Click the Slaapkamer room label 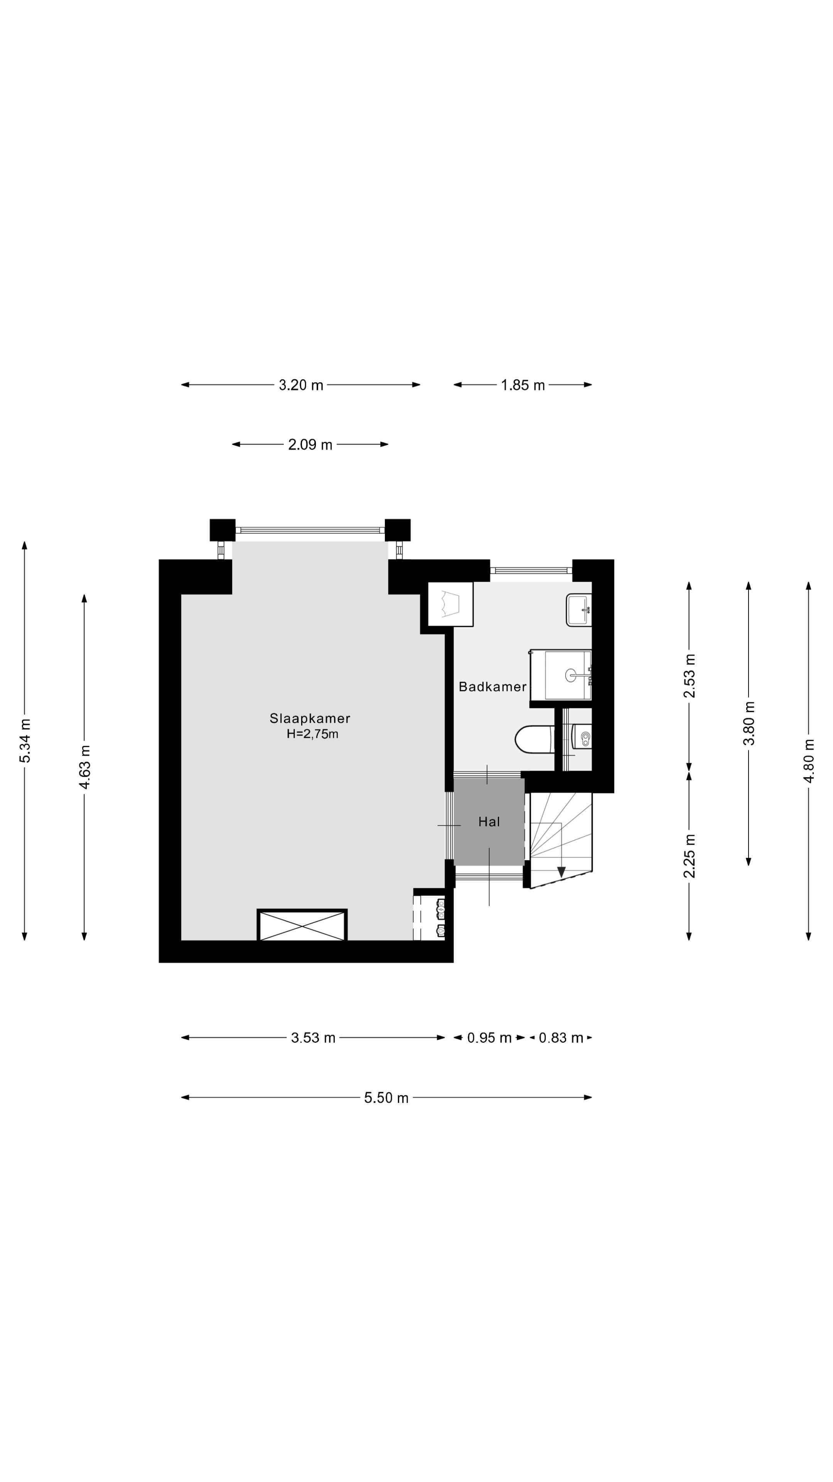click(x=309, y=718)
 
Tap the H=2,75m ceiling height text click(x=312, y=734)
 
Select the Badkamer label click(x=492, y=686)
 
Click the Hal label click(x=489, y=822)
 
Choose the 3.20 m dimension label click(x=301, y=385)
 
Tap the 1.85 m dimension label click(x=522, y=385)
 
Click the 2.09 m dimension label click(x=310, y=445)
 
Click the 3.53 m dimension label click(x=313, y=1038)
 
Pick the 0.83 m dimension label click(x=560, y=1038)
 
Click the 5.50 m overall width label click(x=386, y=1098)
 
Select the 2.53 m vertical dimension click(x=689, y=676)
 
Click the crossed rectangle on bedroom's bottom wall click(x=302, y=925)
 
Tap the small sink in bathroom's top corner click(x=578, y=610)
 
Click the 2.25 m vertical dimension click(x=689, y=856)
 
